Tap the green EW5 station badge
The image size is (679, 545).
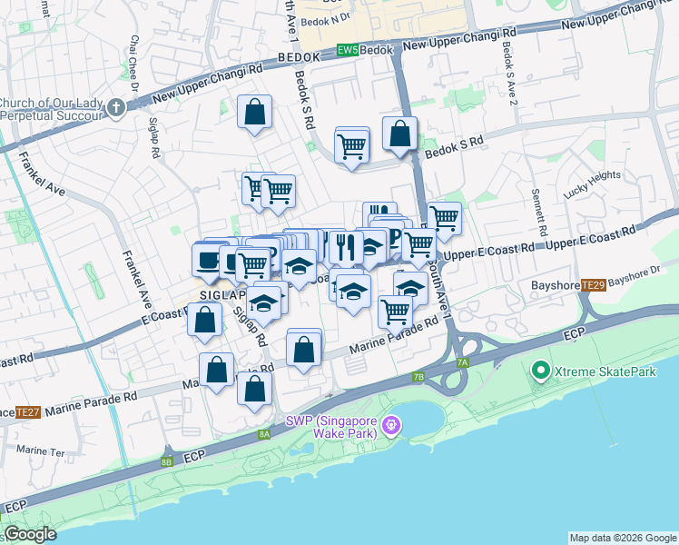(347, 50)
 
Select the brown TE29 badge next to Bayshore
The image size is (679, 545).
(594, 286)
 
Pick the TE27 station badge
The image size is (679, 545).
(31, 411)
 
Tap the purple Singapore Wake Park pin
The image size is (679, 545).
(391, 424)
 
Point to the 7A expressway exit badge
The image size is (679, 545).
(463, 362)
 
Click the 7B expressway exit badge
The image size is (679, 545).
(418, 376)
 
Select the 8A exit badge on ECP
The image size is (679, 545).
(264, 435)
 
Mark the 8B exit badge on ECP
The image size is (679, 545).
(166, 462)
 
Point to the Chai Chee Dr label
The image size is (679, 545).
(134, 64)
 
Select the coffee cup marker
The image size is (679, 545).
(208, 261)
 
